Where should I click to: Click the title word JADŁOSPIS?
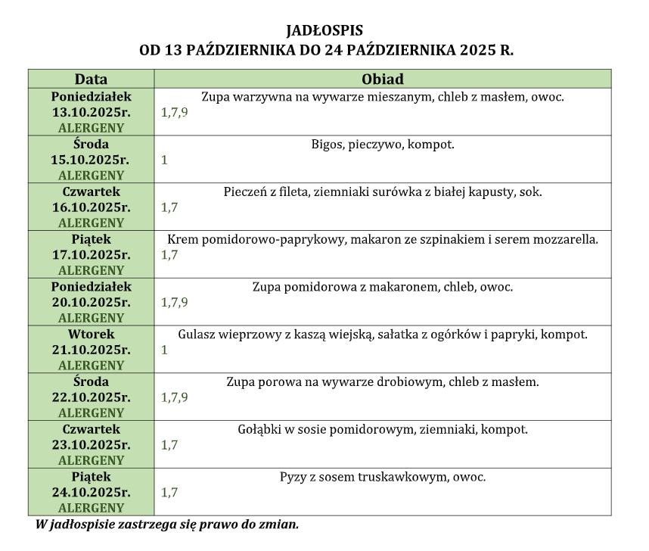[x=324, y=31]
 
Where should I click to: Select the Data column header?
[x=91, y=79]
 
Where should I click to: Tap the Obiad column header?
[x=382, y=79]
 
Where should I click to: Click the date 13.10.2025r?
[x=91, y=112]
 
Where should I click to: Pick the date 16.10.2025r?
[x=91, y=207]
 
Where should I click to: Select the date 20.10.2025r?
[x=91, y=303]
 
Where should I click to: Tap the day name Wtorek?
[x=91, y=335]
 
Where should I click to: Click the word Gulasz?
[x=197, y=335]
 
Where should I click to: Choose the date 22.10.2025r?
[x=91, y=397]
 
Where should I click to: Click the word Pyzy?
[x=293, y=477]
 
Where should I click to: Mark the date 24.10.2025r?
[x=91, y=493]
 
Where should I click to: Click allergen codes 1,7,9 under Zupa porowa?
[x=175, y=397]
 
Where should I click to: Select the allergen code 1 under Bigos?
[x=164, y=160]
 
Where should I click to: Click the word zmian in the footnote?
[x=281, y=524]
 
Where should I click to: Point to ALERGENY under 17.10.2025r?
[x=91, y=270]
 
